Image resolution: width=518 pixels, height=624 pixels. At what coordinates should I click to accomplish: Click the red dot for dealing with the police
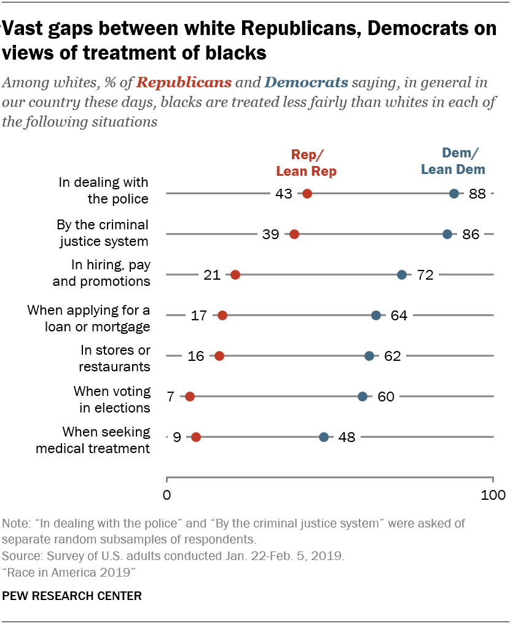tap(307, 194)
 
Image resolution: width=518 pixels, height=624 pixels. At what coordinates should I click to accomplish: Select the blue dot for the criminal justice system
tap(447, 234)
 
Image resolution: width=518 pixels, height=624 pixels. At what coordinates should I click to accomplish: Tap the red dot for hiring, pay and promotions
tap(235, 275)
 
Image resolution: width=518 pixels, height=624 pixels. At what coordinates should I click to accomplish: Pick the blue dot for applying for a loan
tap(376, 315)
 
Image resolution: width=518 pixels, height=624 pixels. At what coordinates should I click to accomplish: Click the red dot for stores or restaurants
tap(219, 356)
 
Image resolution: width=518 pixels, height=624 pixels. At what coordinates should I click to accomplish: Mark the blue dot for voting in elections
tap(363, 397)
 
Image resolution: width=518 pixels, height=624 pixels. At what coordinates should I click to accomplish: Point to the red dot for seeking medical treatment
tap(196, 437)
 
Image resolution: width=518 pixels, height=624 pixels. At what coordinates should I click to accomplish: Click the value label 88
tap(477, 194)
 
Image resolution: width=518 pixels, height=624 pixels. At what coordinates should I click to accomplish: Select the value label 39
tap(270, 234)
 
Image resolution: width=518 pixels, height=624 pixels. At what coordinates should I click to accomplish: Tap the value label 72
tap(425, 275)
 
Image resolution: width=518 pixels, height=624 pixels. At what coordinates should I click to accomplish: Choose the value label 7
tap(170, 397)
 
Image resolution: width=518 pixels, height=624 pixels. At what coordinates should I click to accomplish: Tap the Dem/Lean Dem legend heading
tap(453, 162)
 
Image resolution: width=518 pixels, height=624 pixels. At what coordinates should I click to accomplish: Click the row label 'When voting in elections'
tap(112, 400)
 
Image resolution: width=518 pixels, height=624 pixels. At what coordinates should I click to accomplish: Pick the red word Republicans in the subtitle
tap(184, 82)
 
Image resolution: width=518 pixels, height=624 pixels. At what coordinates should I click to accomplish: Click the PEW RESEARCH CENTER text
tap(73, 596)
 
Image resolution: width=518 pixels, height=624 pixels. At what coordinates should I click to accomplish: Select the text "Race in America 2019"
tap(69, 572)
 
